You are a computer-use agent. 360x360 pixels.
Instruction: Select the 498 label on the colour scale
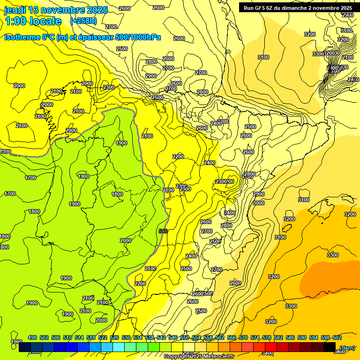[32, 337]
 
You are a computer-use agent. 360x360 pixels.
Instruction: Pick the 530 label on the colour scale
[126, 337]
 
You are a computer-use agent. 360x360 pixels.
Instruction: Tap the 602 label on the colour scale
[337, 337]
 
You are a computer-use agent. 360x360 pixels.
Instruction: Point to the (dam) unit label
[347, 348]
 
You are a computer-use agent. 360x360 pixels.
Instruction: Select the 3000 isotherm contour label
[258, 203]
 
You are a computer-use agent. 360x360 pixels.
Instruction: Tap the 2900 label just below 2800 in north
[151, 76]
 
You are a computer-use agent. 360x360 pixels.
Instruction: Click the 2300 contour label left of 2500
[109, 88]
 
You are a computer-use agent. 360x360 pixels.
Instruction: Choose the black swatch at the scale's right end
[330, 347]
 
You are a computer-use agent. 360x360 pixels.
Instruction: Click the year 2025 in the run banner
[346, 8]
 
